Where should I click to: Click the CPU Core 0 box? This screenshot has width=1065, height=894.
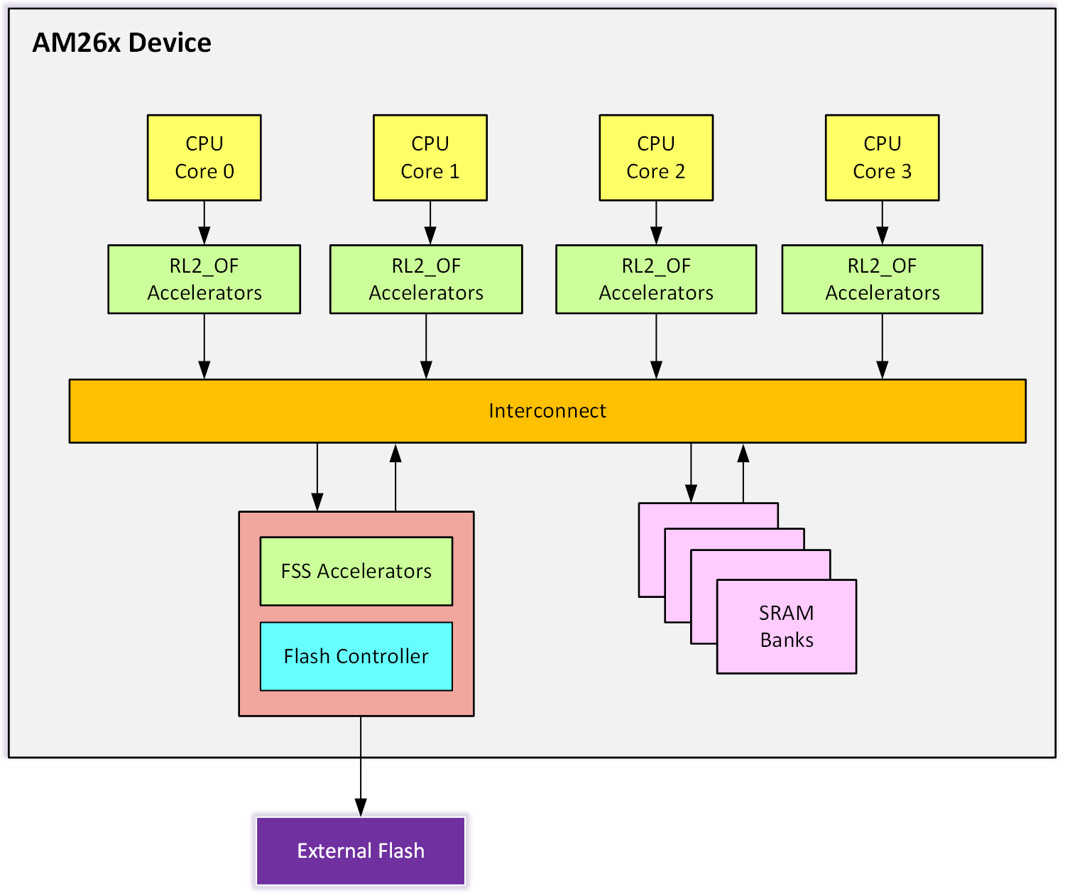[204, 158]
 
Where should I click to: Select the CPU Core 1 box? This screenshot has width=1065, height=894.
[430, 158]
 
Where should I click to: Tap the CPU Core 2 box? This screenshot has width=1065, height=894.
[656, 158]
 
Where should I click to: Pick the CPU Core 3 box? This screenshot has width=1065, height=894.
[882, 158]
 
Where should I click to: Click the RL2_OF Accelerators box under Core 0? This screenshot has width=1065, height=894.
[204, 279]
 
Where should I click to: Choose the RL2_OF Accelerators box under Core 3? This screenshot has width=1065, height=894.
[882, 279]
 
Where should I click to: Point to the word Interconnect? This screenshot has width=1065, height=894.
[547, 411]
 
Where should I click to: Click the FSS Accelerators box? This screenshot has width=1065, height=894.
[356, 571]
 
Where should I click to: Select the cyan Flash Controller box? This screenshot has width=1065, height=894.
[356, 656]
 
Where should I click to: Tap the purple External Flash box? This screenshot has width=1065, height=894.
[361, 851]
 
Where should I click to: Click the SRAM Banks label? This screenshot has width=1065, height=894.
[787, 626]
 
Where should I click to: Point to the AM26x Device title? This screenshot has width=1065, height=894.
[122, 43]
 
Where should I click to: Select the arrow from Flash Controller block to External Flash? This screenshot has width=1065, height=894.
[361, 767]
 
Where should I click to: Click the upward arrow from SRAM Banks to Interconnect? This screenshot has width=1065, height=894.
[743, 474]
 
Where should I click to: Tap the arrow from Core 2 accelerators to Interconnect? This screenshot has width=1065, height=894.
[656, 347]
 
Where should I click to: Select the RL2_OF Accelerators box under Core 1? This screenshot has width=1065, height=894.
[426, 279]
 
